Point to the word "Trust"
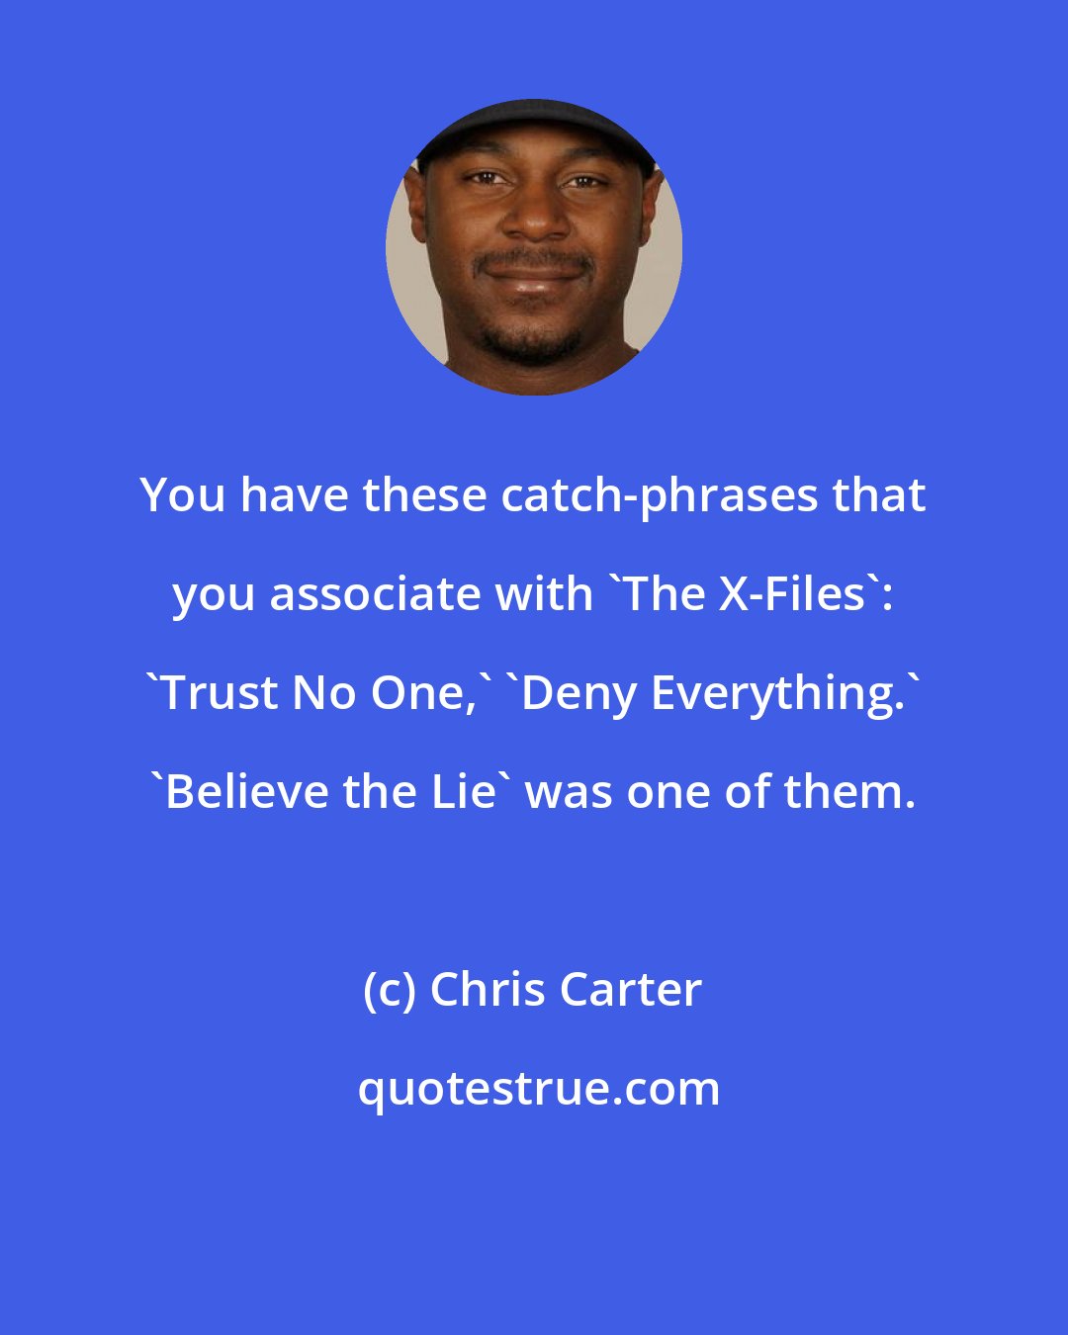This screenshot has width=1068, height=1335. pos(222,693)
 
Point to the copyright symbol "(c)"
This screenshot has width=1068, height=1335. pos(389,991)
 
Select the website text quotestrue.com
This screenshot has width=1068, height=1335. pos(539,1090)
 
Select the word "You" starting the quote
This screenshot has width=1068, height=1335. pos(182,497)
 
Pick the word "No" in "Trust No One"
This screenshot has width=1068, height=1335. pos(324,693)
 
